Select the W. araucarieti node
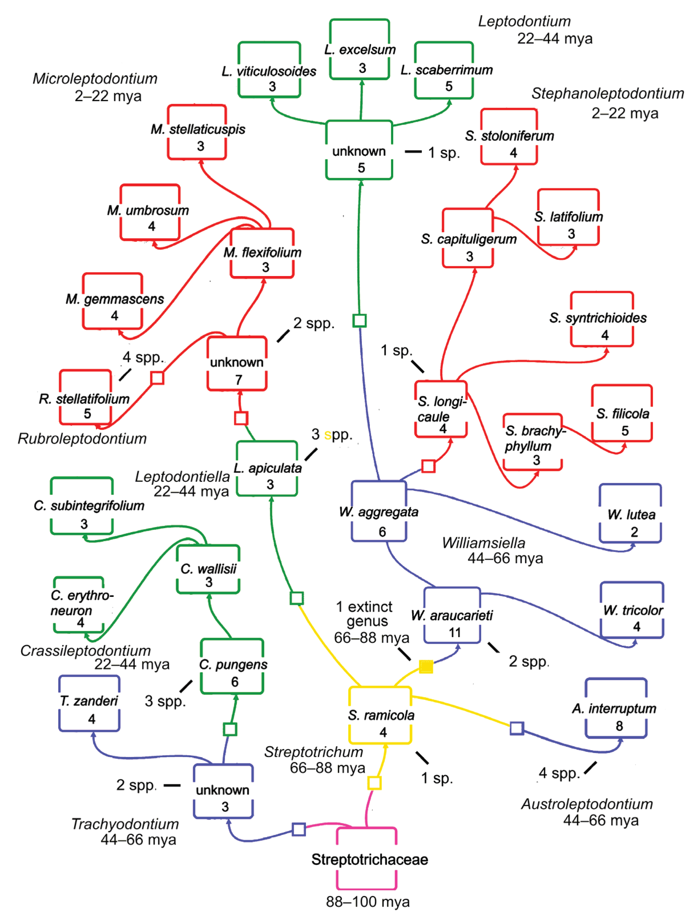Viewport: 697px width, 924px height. (x=452, y=615)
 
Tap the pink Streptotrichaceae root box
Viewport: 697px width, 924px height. (x=366, y=859)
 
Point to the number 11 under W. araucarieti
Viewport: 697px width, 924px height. (x=455, y=633)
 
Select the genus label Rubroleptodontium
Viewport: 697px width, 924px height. (x=82, y=439)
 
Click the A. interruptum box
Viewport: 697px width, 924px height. (x=616, y=709)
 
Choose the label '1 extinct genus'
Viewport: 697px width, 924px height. (x=365, y=614)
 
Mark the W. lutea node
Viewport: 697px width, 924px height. (x=630, y=514)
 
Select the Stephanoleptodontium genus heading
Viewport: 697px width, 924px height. (x=607, y=94)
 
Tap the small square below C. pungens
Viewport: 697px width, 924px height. (x=230, y=729)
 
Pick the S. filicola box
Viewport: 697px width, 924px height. (x=622, y=414)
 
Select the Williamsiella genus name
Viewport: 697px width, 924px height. (x=484, y=543)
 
